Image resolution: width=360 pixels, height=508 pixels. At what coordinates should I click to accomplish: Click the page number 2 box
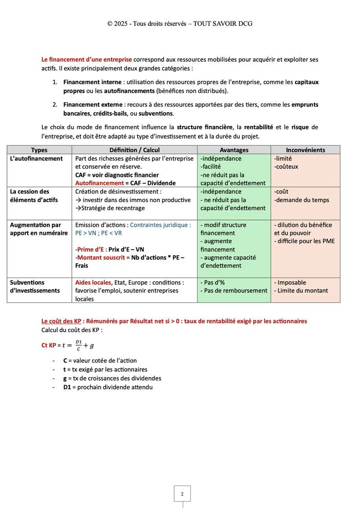point(182,494)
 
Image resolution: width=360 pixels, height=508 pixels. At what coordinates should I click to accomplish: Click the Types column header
point(39,150)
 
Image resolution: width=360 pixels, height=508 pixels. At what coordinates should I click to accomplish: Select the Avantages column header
point(234,150)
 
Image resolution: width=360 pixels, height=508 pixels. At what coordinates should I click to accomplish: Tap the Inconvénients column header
point(305,150)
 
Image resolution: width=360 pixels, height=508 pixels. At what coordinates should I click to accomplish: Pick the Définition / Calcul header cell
point(135,150)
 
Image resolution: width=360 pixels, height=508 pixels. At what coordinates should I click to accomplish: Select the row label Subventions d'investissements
point(35,287)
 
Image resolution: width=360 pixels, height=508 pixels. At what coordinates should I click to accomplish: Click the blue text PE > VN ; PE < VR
point(99,233)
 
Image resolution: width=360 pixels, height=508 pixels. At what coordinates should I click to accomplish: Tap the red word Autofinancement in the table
point(96,183)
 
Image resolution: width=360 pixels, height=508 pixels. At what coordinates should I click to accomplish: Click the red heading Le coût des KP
point(61,321)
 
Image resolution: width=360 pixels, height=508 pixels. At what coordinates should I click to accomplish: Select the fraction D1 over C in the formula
point(79,346)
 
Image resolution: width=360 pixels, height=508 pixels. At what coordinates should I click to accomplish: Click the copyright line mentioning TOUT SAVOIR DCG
point(180,23)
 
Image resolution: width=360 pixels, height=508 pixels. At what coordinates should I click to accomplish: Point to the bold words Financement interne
point(92,82)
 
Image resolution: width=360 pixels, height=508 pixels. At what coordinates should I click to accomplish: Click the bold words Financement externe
point(93,105)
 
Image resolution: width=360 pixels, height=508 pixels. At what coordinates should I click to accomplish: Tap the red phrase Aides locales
point(93,283)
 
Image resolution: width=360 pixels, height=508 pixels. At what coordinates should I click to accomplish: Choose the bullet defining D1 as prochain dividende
point(108,387)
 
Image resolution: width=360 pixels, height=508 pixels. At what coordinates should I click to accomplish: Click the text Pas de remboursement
point(234,291)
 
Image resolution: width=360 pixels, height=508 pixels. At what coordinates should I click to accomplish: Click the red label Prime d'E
point(90,249)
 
